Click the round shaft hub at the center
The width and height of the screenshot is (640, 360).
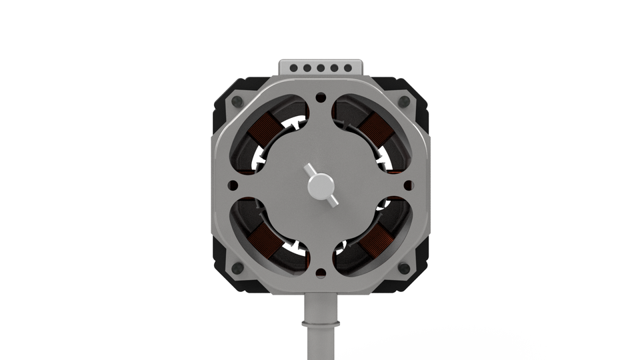(321, 186)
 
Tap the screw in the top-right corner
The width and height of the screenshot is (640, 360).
(403, 102)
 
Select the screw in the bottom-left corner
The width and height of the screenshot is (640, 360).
(237, 268)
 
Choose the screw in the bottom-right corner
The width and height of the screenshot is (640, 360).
(403, 268)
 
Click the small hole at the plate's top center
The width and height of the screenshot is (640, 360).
(321, 97)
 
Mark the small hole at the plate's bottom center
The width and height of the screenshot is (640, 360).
(321, 273)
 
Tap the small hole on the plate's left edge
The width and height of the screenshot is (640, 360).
(233, 185)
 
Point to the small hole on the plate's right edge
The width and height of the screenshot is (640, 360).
(409, 185)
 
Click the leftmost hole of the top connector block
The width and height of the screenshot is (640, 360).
(294, 68)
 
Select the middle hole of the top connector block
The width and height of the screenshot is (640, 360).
(321, 68)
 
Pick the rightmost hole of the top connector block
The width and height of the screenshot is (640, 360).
(347, 68)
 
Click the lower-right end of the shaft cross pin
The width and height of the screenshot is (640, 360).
(335, 202)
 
